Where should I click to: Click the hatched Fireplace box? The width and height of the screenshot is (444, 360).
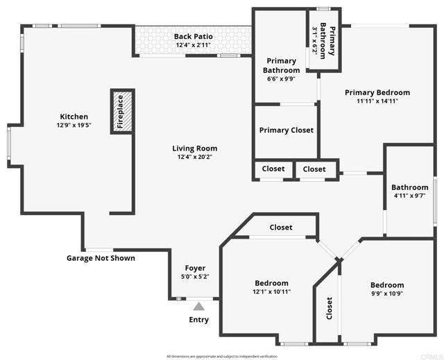tap(121, 111)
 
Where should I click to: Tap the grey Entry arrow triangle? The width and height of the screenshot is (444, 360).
tap(199, 305)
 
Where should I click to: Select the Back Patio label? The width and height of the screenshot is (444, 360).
tap(194, 36)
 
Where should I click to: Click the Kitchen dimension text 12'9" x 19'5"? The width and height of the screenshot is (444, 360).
tap(74, 126)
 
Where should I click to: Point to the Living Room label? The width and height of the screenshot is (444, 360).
tap(195, 148)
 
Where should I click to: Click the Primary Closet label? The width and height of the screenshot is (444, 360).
tap(286, 130)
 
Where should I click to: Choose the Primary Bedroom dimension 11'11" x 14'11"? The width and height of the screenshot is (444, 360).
tap(377, 101)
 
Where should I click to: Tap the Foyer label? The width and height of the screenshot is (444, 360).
tap(195, 268)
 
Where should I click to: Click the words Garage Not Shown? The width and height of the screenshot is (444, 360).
tap(101, 258)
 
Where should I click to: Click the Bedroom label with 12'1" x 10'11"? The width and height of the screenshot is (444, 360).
tap(271, 283)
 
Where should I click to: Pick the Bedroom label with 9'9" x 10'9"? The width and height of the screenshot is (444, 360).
tap(386, 285)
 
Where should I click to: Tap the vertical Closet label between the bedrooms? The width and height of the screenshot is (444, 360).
tap(329, 309)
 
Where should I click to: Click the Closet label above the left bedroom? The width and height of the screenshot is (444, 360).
tap(280, 228)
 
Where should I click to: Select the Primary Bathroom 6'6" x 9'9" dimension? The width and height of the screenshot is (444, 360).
tap(282, 79)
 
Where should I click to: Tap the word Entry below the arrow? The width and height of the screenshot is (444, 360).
tap(199, 320)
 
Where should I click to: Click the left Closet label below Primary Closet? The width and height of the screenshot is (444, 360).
tap(273, 169)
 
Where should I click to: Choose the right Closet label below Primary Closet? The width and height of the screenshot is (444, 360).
tap(314, 169)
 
